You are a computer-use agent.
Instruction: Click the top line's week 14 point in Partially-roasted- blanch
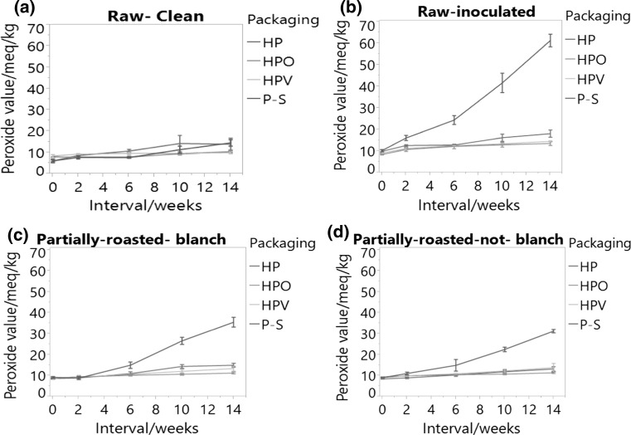[x=233, y=322]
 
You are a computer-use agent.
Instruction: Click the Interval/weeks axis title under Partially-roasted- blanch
[x=142, y=425]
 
